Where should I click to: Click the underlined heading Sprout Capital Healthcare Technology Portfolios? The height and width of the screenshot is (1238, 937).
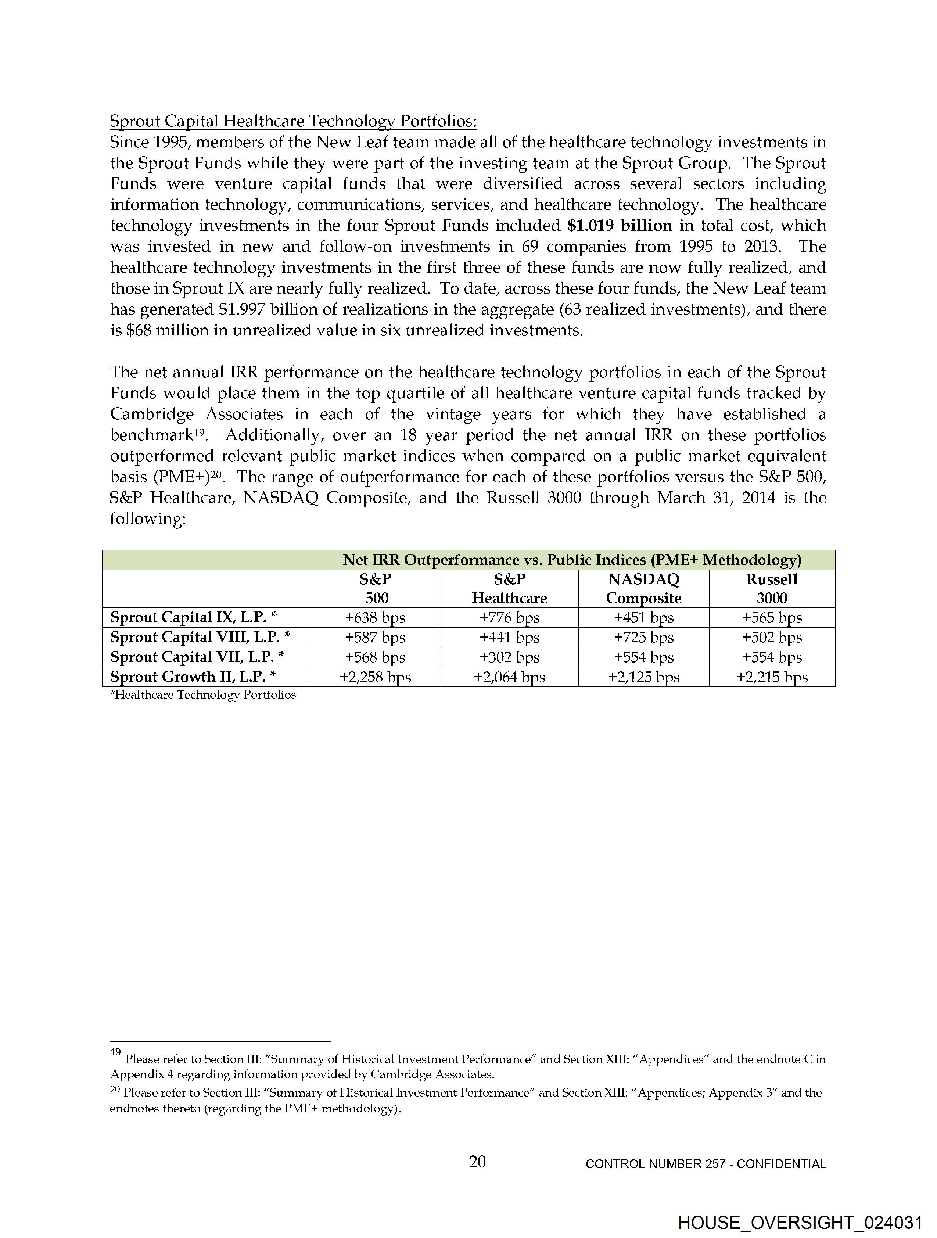tap(293, 122)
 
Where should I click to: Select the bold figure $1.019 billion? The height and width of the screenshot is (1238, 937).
tap(619, 226)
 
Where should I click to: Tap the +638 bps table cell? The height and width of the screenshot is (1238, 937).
tap(375, 618)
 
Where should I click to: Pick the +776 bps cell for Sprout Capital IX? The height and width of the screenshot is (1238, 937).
tap(509, 618)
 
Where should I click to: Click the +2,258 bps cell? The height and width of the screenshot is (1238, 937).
tap(375, 677)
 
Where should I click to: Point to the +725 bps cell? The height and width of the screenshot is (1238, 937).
tap(644, 638)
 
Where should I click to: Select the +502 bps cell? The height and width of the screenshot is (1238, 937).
tap(772, 638)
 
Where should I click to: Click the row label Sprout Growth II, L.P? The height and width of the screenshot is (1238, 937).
tap(193, 677)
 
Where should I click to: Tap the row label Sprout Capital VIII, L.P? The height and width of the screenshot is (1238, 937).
tap(200, 638)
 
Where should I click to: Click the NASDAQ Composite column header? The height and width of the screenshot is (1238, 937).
tap(644, 589)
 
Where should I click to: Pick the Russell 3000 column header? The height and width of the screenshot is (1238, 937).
tap(772, 589)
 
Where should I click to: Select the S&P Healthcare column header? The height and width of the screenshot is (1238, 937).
tap(509, 589)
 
